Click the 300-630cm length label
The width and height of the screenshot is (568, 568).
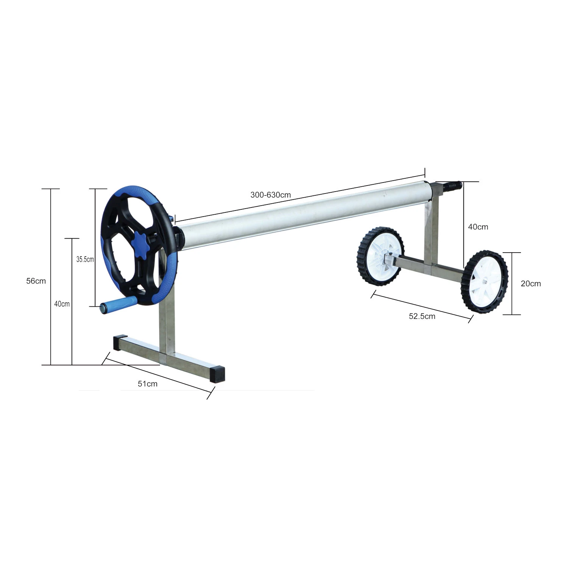point(270,195)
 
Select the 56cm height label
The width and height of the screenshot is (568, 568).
point(36,281)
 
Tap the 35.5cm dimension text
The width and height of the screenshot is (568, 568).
point(85,259)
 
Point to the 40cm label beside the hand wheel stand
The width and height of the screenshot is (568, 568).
point(62,304)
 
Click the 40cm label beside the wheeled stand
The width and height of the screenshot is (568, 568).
point(478,227)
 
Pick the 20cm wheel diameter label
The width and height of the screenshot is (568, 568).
point(531,284)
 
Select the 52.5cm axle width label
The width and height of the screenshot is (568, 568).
point(422,316)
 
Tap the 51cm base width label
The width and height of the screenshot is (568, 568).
point(148,384)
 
